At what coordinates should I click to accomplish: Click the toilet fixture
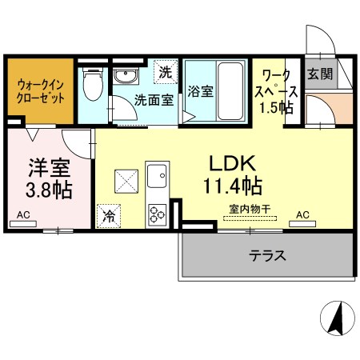(x=93, y=83)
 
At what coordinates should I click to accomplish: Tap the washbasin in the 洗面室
(x=126, y=76)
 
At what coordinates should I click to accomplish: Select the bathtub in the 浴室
(x=230, y=90)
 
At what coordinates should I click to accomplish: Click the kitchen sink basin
(x=158, y=176)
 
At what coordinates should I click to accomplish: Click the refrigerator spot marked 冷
(x=109, y=216)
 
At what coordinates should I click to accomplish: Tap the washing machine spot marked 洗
(x=166, y=72)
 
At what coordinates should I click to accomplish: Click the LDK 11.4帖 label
(x=233, y=174)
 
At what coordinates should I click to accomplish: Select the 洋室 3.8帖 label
(x=49, y=178)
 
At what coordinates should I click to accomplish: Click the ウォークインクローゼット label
(x=40, y=91)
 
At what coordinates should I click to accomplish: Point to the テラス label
(x=267, y=255)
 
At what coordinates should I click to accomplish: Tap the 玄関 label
(x=320, y=74)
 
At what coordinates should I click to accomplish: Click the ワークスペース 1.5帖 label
(x=276, y=91)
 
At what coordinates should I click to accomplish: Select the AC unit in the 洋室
(x=23, y=224)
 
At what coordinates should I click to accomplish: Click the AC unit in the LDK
(x=302, y=224)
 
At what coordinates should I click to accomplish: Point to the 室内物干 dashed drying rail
(x=250, y=218)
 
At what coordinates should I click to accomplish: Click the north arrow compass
(x=338, y=318)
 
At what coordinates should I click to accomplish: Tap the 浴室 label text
(x=201, y=91)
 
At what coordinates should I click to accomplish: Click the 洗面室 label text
(x=154, y=100)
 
